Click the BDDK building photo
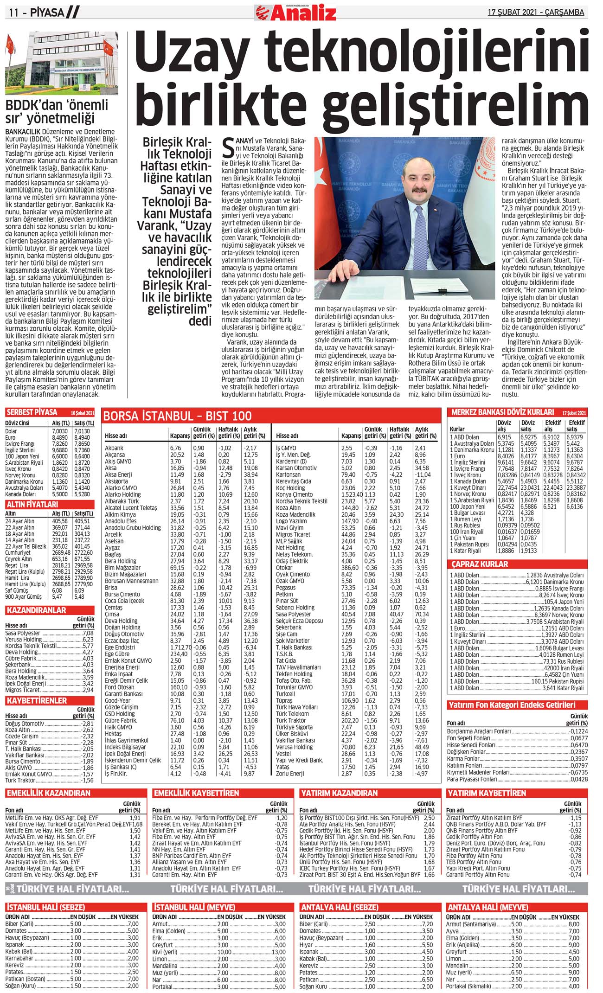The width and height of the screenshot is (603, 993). click(x=61, y=63)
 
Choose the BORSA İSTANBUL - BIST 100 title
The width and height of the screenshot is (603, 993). click(x=177, y=416)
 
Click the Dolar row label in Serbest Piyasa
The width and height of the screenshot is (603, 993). click(x=11, y=431)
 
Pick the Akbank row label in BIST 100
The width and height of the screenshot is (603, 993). click(x=114, y=448)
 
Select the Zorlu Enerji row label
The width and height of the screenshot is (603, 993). click(x=290, y=774)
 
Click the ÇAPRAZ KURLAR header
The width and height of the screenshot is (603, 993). click(x=480, y=564)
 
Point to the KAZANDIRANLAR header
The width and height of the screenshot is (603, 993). click(x=37, y=610)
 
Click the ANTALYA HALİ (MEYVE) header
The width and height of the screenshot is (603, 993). click(x=487, y=917)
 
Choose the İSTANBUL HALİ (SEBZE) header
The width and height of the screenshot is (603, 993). click(x=45, y=917)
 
